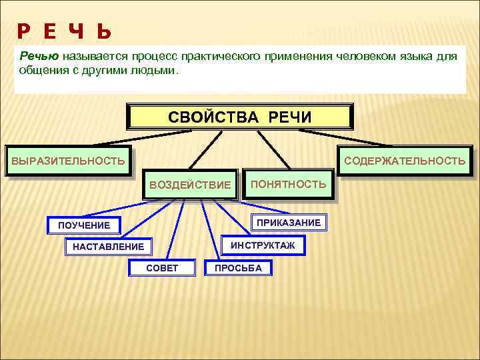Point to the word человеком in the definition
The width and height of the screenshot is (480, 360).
tap(376, 57)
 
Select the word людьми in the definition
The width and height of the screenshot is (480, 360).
tap(154, 69)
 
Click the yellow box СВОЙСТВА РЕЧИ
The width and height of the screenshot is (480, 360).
tap(239, 117)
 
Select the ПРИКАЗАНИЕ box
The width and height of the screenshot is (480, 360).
tap(289, 222)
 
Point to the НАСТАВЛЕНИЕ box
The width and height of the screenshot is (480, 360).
tap(108, 247)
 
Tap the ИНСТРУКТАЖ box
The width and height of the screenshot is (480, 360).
tap(263, 245)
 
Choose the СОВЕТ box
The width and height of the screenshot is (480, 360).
tap(162, 268)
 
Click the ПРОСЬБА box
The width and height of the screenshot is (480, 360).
tap(238, 268)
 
